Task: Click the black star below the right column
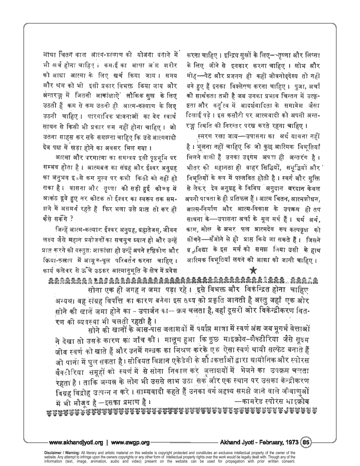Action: (x=253, y=270)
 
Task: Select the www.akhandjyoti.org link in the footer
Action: (x=76, y=443)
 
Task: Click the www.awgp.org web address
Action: (x=130, y=443)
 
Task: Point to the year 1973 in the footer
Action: (x=289, y=443)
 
